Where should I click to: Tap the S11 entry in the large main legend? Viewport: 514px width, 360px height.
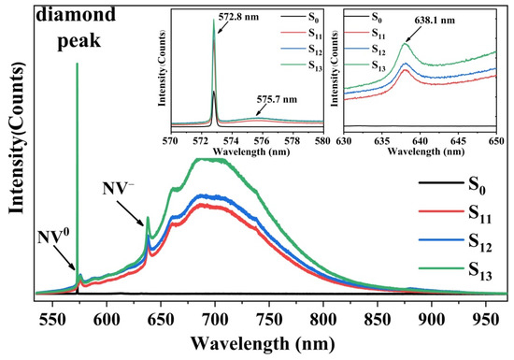(477, 209)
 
